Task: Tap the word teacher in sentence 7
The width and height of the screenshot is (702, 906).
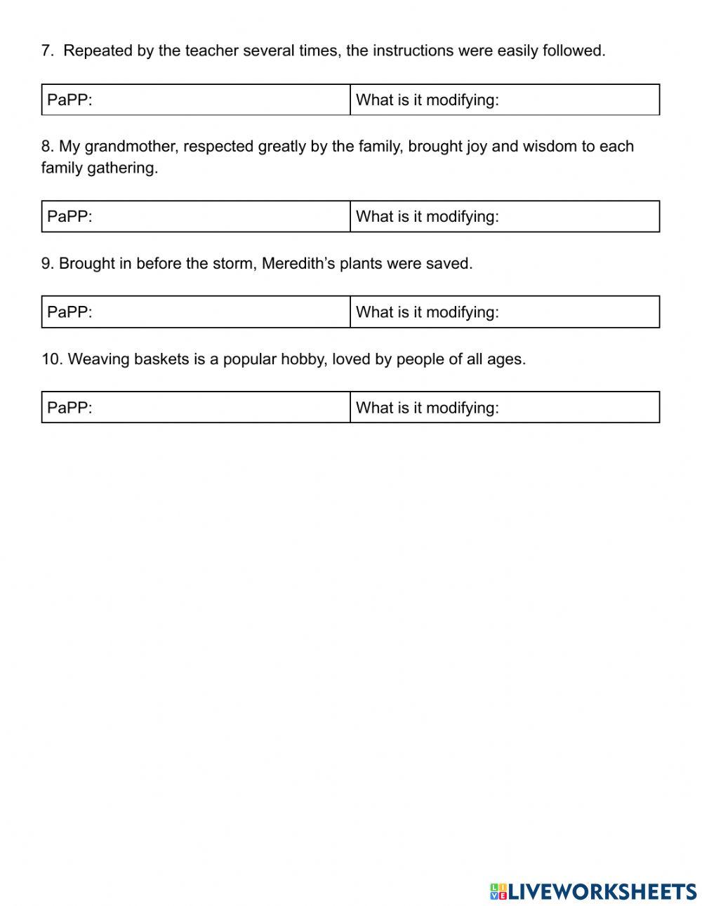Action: [212, 51]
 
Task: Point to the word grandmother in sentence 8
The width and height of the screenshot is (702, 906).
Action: [131, 147]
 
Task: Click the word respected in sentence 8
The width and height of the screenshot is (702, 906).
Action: [218, 147]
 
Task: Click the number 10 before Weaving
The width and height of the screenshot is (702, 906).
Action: [51, 359]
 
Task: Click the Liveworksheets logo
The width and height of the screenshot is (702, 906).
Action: [593, 891]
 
